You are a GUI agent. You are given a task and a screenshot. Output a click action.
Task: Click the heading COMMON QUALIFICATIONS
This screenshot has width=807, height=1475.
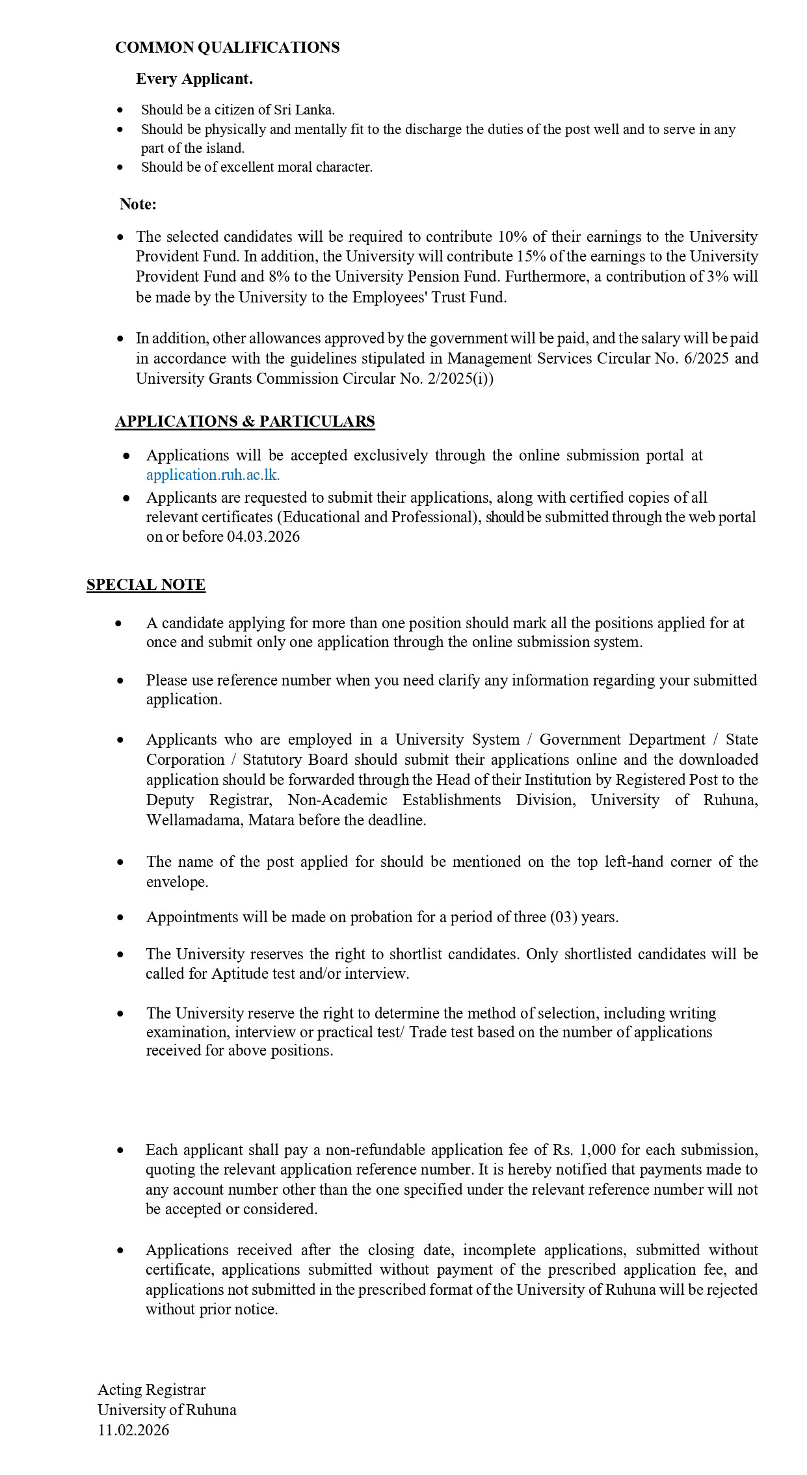227,47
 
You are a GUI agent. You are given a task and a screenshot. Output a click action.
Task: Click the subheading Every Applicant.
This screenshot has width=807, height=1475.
194,79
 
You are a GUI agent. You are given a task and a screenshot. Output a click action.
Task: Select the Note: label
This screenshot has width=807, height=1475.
138,204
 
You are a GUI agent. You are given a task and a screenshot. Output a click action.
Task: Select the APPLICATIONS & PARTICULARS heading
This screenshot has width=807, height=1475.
245,421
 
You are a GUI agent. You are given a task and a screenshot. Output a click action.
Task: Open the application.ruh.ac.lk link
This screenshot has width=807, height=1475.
213,475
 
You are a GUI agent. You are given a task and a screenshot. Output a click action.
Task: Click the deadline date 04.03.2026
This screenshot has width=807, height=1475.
263,537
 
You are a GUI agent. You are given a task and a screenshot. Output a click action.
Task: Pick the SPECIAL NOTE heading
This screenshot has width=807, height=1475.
146,585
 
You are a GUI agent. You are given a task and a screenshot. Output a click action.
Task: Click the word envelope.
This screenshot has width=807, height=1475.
177,882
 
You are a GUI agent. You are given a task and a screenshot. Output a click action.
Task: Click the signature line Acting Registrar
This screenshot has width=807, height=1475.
152,1390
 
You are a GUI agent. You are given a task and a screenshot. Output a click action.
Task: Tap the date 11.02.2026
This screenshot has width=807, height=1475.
133,1430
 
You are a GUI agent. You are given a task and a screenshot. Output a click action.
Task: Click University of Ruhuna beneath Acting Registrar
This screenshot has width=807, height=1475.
167,1410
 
